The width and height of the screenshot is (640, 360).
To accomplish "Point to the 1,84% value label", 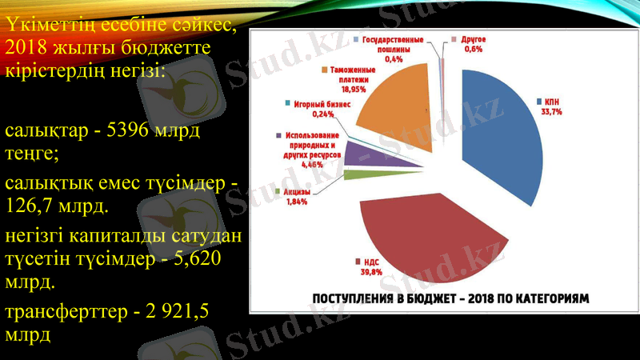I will click(296, 202).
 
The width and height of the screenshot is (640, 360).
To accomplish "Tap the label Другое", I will click(474, 39).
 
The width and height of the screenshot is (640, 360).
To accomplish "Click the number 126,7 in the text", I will click(30, 207).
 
